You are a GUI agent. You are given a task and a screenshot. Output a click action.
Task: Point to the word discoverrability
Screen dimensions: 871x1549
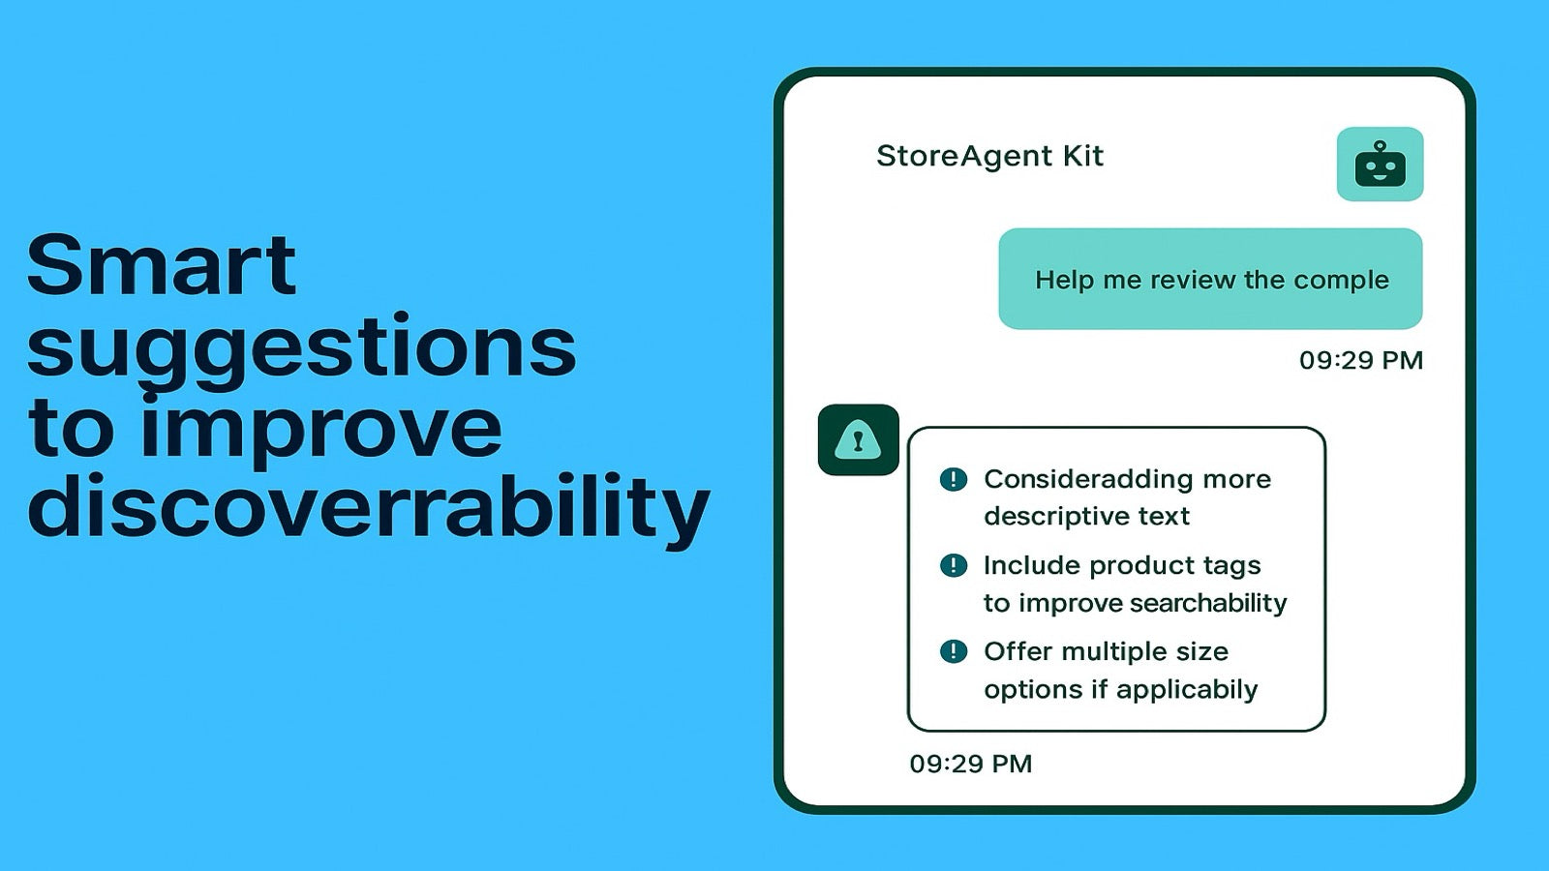368,505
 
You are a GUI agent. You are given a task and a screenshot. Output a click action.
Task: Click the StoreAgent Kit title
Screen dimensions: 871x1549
989,156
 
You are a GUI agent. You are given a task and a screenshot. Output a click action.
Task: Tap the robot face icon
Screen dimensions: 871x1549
1380,165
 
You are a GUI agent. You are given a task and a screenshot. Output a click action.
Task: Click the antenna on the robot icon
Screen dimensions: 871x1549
1380,146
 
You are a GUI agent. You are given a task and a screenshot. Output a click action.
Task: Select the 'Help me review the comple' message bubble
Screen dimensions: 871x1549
1210,279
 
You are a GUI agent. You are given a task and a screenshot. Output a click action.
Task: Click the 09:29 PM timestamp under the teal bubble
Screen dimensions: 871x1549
1360,360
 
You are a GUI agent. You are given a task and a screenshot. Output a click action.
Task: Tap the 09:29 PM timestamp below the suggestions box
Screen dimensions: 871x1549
970,764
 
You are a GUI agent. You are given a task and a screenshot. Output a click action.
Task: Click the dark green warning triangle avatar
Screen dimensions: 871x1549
858,440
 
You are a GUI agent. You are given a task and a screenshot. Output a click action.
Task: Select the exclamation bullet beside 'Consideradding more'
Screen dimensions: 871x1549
954,479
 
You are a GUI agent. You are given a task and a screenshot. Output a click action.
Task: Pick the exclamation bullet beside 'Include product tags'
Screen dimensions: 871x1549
954,565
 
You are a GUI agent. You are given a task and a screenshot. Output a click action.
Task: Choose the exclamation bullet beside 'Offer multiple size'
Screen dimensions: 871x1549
954,651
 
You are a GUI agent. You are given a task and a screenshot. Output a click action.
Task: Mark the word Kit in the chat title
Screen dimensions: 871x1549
1082,156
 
